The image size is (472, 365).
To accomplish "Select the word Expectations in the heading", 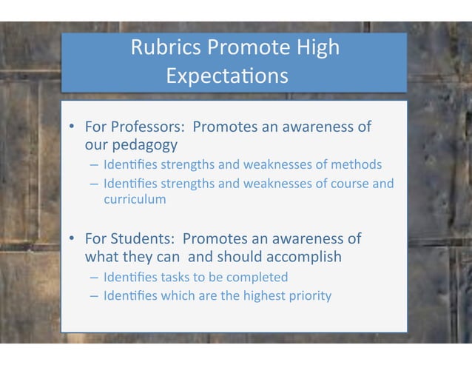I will click(x=226, y=76).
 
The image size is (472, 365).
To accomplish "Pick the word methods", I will click(x=357, y=164).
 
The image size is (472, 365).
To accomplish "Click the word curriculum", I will click(x=135, y=199).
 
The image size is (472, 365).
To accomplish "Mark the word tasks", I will click(x=166, y=277).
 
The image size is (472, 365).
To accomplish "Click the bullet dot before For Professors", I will click(x=73, y=127).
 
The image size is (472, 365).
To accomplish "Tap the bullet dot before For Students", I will click(x=73, y=239).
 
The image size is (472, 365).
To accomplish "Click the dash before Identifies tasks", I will click(x=94, y=278).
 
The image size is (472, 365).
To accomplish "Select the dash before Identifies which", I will click(x=94, y=296).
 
